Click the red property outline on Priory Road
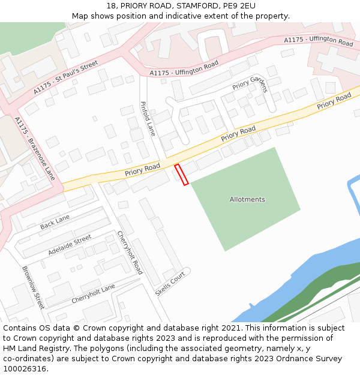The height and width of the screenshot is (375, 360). (181, 174)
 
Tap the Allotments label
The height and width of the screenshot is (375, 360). (247, 199)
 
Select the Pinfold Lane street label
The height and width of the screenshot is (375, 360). (148, 118)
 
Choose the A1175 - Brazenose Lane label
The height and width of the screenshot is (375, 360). (35, 149)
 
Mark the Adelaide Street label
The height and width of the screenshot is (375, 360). (70, 245)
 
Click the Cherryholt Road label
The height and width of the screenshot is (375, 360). (130, 253)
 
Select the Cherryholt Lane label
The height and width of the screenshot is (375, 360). (93, 293)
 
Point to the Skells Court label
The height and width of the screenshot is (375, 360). (170, 283)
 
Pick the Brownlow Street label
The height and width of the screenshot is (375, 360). (34, 287)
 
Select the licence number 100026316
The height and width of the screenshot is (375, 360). (26, 369)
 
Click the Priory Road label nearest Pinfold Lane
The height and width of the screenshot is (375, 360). (142, 169)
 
